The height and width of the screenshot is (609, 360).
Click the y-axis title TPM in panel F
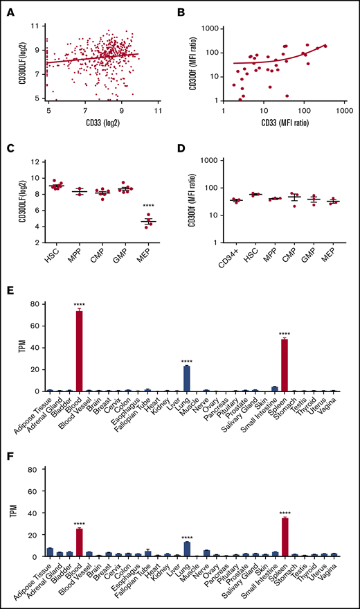click(13, 513)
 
